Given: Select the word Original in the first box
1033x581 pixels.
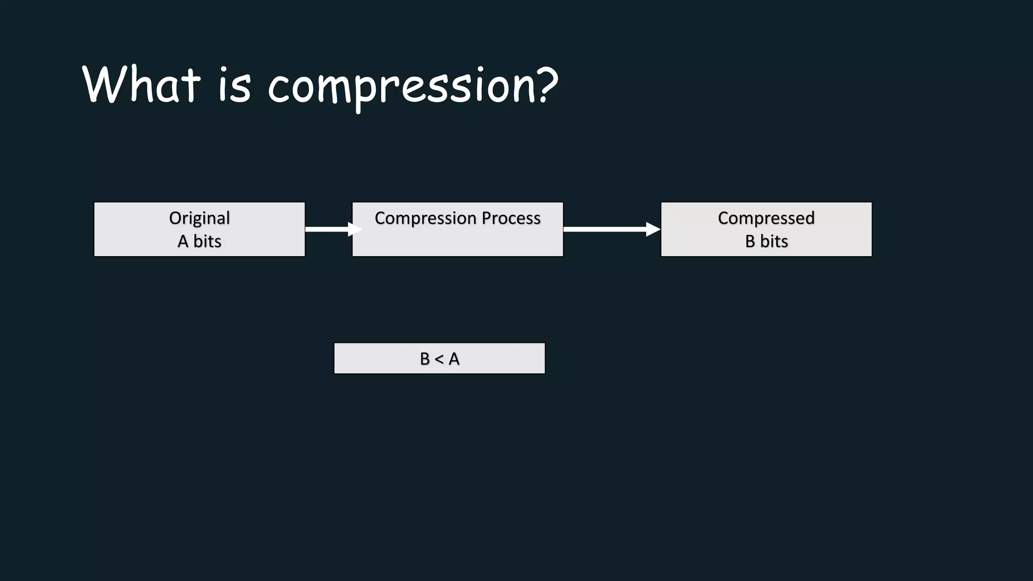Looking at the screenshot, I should coord(199,218).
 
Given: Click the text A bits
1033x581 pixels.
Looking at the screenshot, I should coord(199,241).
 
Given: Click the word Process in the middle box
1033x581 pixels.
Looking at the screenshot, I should coord(510,218).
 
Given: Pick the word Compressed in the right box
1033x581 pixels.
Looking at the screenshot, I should coord(766,218).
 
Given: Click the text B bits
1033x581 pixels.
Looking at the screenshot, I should coord(766,241).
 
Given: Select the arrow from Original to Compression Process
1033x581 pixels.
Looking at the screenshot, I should coord(328,229).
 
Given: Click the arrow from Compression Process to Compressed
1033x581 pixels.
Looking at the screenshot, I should coord(605,229).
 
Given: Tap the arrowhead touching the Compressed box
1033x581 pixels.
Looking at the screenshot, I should coord(653,229).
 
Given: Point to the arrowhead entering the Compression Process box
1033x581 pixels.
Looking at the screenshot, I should coord(355,229).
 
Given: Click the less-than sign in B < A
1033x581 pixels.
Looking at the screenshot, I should coord(439,359).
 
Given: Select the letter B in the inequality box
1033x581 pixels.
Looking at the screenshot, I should coord(425,359).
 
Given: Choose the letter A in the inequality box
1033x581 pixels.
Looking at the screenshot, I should coord(454,359).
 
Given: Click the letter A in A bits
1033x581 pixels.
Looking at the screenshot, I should coord(183,242).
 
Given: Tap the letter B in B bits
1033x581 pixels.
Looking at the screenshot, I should coord(750,242).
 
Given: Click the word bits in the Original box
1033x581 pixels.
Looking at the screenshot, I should coord(207,241).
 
